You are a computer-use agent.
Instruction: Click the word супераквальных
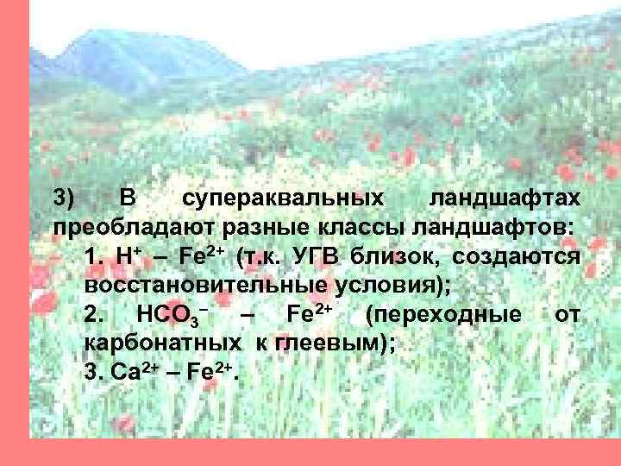pos(284,199)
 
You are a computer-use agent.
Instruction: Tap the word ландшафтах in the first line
pos(505,199)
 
